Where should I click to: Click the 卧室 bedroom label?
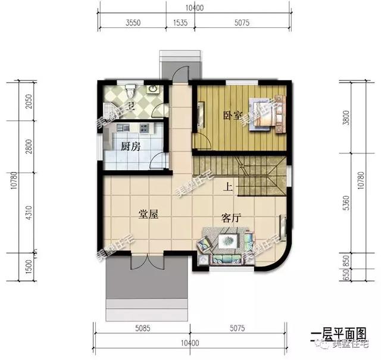233,115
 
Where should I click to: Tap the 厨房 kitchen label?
130,147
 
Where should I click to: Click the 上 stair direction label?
227,186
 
